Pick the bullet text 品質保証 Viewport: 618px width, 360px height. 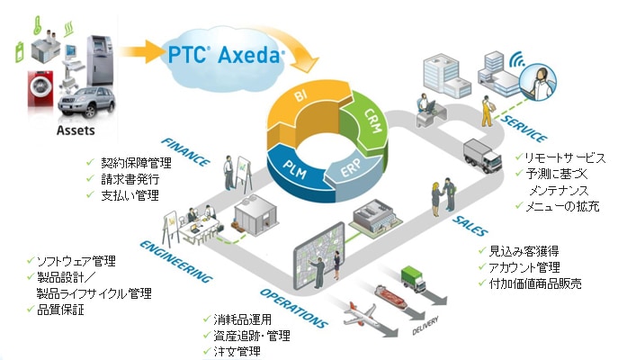tap(58, 310)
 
